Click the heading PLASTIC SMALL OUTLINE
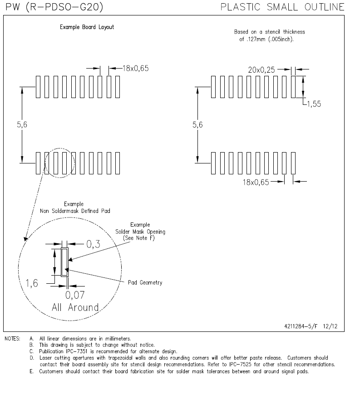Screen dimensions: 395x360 tap(282, 7)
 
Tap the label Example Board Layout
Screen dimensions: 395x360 tap(87, 27)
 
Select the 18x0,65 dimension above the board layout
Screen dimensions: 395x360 tap(135, 69)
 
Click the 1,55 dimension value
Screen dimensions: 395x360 tap(313, 104)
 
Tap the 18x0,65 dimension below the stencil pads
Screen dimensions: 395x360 tap(256, 182)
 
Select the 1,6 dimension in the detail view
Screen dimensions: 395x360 tap(31, 283)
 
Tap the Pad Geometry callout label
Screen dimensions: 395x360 tap(145, 283)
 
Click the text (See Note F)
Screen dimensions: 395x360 tap(141, 238)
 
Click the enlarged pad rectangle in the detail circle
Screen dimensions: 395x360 tap(65, 262)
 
